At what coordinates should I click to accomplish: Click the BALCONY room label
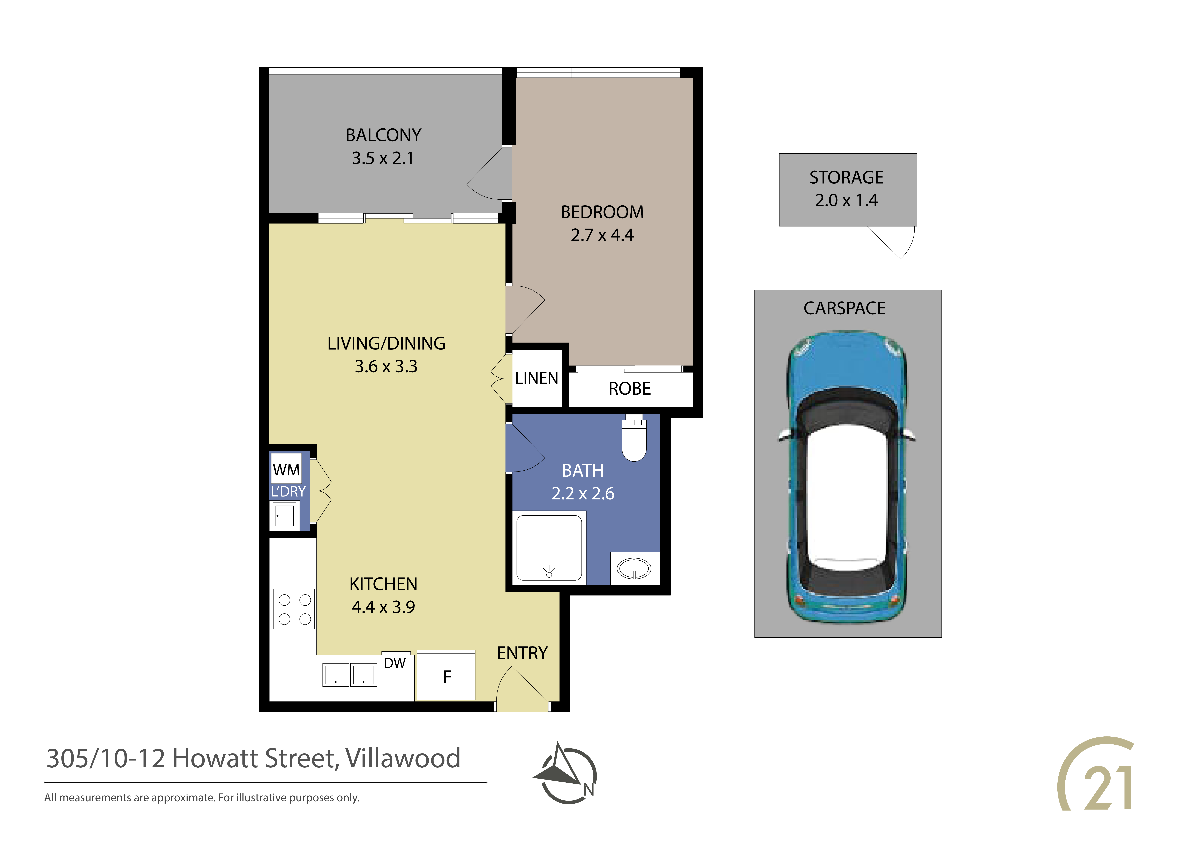[383, 135]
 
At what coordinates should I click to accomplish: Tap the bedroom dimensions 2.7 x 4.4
[602, 235]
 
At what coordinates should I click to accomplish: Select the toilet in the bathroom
[634, 438]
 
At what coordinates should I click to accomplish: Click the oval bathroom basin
[634, 568]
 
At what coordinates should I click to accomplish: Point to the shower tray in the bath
[549, 547]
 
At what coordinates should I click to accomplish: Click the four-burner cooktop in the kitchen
[294, 609]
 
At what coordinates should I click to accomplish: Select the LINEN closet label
[537, 378]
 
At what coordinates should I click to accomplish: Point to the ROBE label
[630, 389]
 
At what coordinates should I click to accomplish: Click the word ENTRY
[522, 653]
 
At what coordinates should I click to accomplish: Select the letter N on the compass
[589, 789]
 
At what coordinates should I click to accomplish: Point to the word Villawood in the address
[403, 758]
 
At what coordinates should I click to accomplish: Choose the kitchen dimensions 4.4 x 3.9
[383, 607]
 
